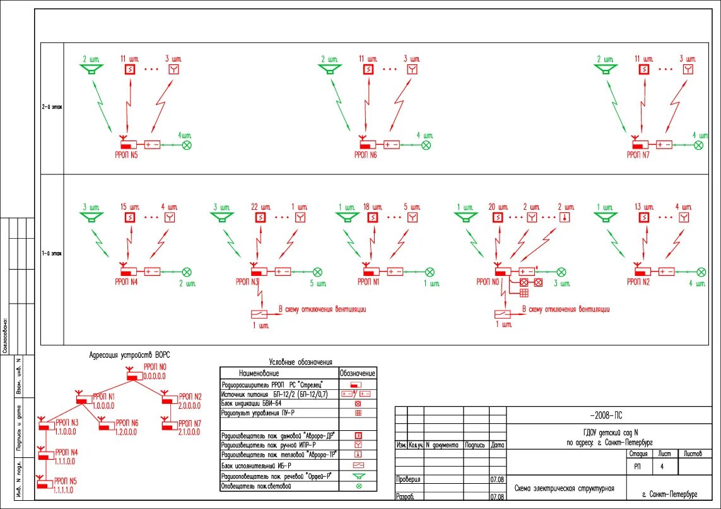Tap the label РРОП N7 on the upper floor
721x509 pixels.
pyautogui.click(x=638, y=154)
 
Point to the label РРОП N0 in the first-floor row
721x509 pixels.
pyautogui.click(x=488, y=282)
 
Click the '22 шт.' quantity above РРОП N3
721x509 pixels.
pyautogui.click(x=259, y=207)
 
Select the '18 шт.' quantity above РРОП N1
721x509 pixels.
pyautogui.click(x=373, y=207)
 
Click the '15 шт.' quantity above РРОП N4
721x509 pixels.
pyautogui.click(x=128, y=207)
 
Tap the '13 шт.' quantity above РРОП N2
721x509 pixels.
pyautogui.click(x=643, y=207)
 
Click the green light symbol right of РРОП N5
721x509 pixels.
pyautogui.click(x=187, y=145)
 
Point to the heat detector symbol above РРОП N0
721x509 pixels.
pyautogui.click(x=564, y=217)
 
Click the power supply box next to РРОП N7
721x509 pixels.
pyautogui.click(x=664, y=145)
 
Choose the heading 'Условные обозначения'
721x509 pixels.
pyautogui.click(x=300, y=362)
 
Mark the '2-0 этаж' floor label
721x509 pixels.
pyautogui.click(x=52, y=107)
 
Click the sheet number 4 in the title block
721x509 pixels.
pyautogui.click(x=661, y=467)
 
